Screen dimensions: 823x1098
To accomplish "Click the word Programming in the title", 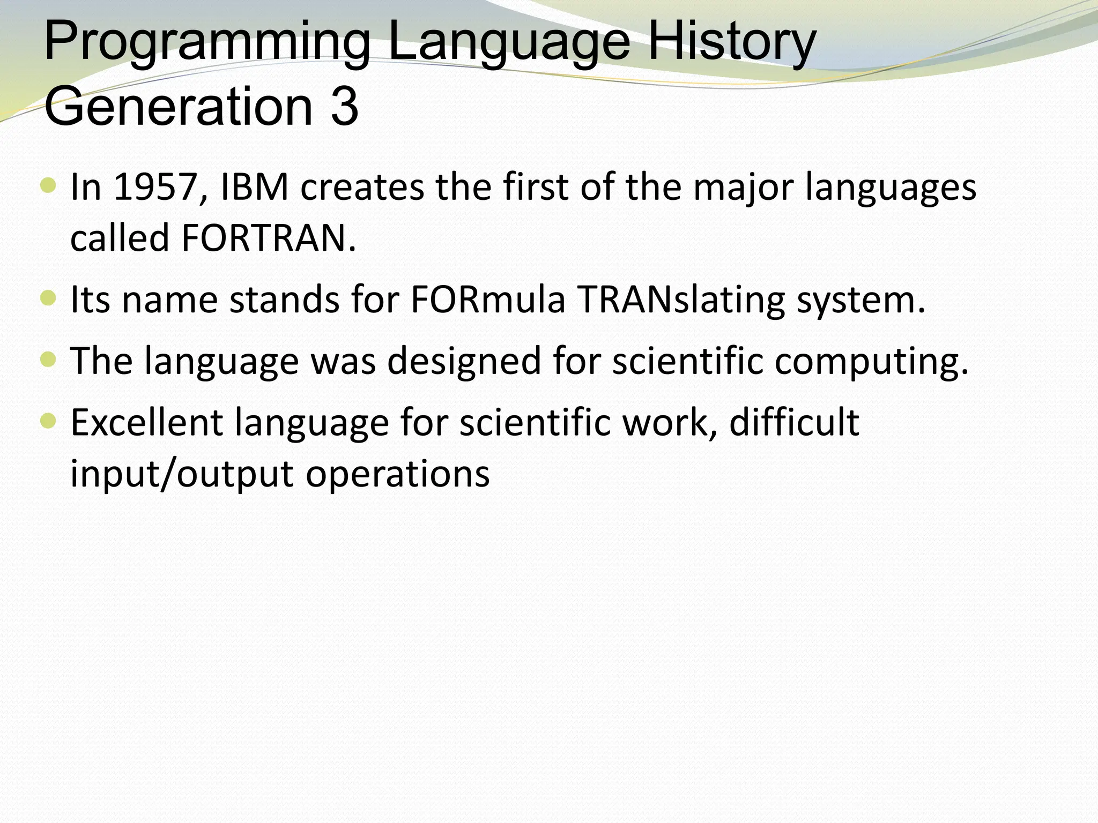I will coord(206,43).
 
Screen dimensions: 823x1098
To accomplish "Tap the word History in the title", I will coord(731,43).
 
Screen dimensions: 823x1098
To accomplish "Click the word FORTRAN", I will coord(269,238).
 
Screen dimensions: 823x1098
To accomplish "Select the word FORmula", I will coord(488,300).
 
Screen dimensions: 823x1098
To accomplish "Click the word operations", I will coord(398,475).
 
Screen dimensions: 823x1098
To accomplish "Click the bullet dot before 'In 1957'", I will coord(48,186).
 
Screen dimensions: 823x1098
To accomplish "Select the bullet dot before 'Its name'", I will coord(48,298).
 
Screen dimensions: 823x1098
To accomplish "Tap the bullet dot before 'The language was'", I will coord(48,360).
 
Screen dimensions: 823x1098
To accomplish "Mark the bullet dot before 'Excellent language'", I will coord(48,421).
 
